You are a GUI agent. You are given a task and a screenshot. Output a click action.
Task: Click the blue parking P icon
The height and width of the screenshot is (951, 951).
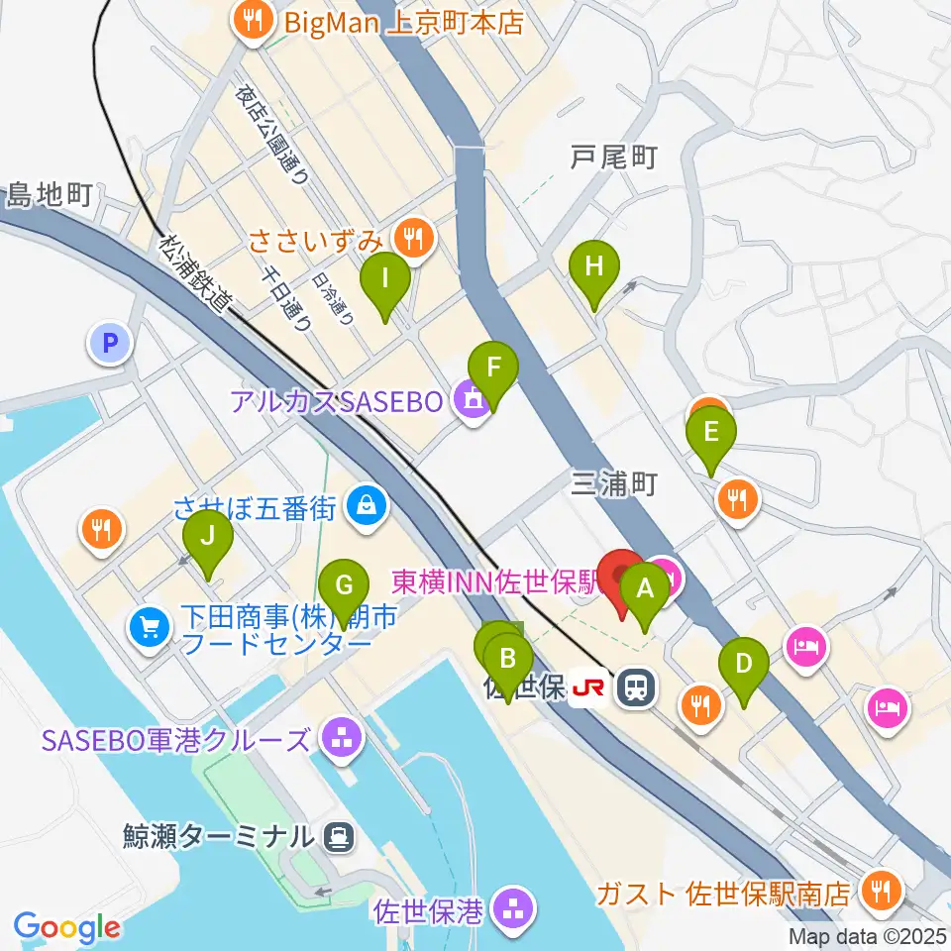pos(110,345)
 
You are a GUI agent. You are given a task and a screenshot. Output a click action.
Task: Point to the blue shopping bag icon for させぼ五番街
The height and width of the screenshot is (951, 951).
pos(368,507)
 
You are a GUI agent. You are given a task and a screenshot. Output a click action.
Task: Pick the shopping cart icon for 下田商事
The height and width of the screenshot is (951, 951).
pos(151,626)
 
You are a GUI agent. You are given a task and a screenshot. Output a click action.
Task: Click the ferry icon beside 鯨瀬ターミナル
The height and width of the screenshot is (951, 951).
pos(339,837)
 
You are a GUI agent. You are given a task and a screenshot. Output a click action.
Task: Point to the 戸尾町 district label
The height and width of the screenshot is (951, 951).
pos(614,157)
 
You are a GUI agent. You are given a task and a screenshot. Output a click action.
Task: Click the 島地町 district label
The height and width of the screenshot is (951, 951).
pos(49,194)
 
